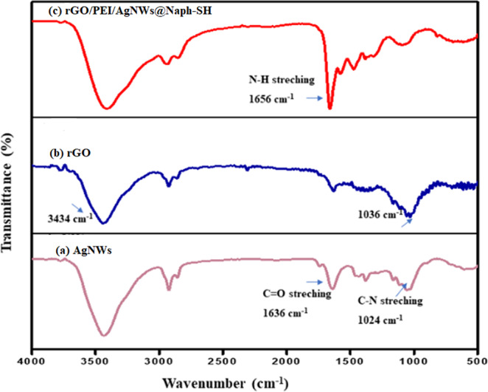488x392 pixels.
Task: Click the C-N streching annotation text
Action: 387,300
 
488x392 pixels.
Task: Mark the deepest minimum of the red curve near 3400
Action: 108,109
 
